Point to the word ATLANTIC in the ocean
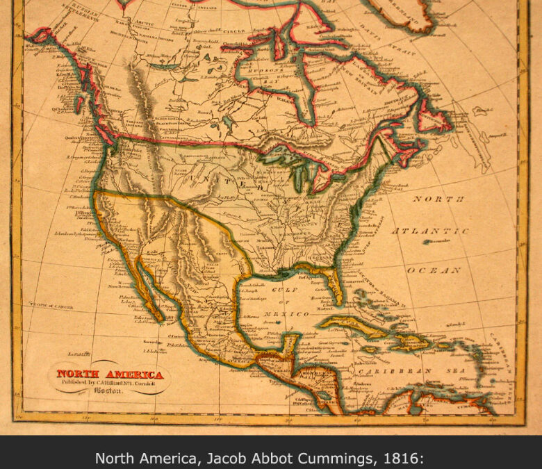coord(431,231)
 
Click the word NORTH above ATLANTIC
coord(439,199)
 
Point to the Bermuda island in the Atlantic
coord(435,241)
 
